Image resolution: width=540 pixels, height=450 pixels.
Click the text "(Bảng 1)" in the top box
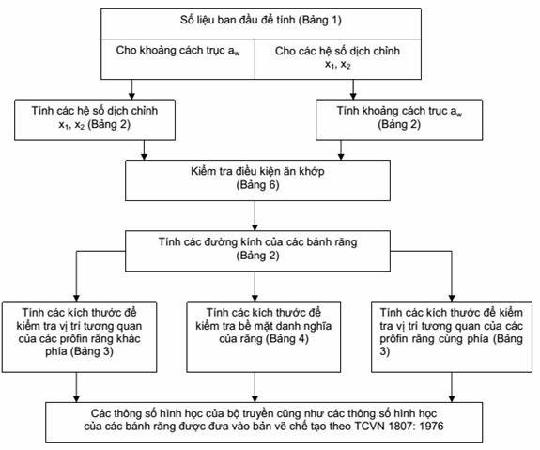pyautogui.click(x=319, y=21)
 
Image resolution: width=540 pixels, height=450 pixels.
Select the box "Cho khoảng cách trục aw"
pyautogui.click(x=177, y=59)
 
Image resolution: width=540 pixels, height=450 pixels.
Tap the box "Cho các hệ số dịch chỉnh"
pyautogui.click(x=338, y=59)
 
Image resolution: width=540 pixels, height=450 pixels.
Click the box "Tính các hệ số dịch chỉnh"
pyautogui.click(x=95, y=120)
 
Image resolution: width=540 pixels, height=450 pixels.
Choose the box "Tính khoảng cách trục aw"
pyautogui.click(x=399, y=120)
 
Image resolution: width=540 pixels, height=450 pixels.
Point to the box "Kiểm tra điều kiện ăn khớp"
pyautogui.click(x=257, y=180)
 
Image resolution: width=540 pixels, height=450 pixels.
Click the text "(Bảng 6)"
pyautogui.click(x=257, y=185)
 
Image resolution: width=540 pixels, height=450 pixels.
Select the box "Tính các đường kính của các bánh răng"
pyautogui.click(x=257, y=251)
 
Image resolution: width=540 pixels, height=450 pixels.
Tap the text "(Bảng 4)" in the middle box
pyautogui.click(x=286, y=339)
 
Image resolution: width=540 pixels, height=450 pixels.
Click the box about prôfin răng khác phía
pyautogui.click(x=79, y=337)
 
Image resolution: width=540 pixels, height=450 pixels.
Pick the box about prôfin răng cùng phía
pyautogui.click(x=452, y=337)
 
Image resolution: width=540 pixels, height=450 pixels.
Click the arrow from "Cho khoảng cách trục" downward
pyautogui.click(x=131, y=89)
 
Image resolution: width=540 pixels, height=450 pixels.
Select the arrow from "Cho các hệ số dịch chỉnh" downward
pyautogui.click(x=353, y=89)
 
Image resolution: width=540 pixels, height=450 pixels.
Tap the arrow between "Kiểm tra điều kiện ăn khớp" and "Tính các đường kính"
pyautogui.click(x=255, y=216)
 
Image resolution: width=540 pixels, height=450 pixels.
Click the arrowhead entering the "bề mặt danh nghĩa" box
pyautogui.click(x=255, y=298)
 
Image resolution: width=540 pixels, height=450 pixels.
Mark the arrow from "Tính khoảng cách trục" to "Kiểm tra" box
pyautogui.click(x=341, y=150)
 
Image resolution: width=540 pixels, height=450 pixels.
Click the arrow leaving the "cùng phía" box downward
pyautogui.click(x=452, y=387)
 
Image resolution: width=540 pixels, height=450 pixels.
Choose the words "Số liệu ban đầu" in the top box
pyautogui.click(x=220, y=20)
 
